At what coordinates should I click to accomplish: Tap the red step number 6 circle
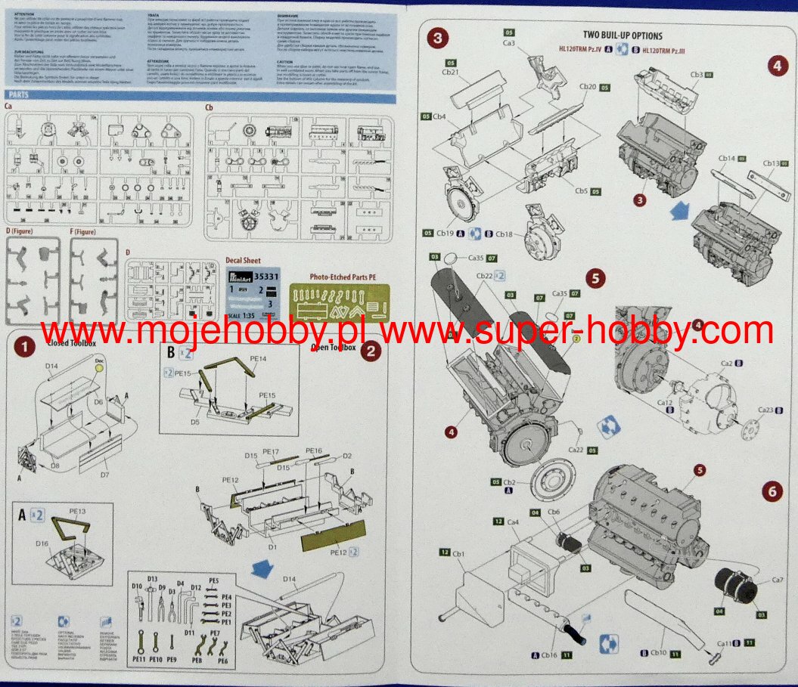pos(771,490)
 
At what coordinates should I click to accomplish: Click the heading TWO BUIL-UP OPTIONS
pos(623,36)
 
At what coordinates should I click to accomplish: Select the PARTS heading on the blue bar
pos(19,95)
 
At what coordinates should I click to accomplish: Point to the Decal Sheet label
pos(243,261)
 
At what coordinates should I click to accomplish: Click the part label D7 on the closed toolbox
pos(103,474)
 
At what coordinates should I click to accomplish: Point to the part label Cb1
pos(458,553)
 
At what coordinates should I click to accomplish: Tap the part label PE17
pos(271,452)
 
